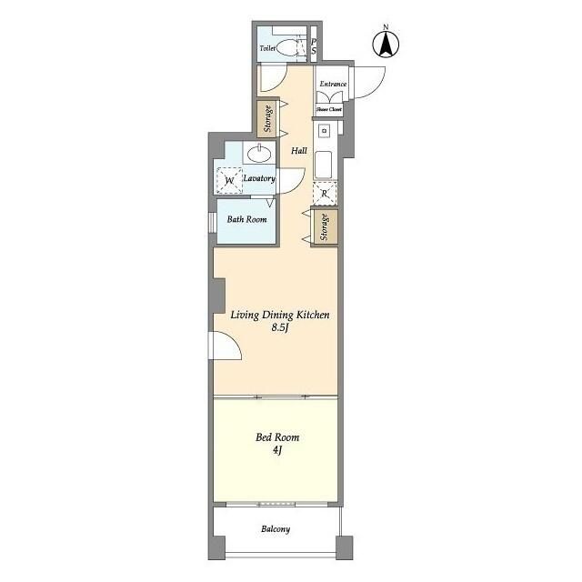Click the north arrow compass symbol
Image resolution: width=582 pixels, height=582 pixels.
(x=386, y=45)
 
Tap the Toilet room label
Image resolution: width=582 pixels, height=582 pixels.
(x=267, y=48)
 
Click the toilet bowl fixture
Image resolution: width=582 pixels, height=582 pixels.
(x=286, y=48)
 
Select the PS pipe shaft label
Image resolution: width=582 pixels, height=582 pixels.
(x=314, y=46)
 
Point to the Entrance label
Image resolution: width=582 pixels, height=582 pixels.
(x=333, y=84)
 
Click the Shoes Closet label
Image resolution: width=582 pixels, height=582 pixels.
(x=329, y=109)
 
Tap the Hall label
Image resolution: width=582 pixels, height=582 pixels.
(x=299, y=150)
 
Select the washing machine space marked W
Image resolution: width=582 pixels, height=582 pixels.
(x=229, y=180)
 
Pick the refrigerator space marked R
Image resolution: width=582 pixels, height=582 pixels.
(x=325, y=194)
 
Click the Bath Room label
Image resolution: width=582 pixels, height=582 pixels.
(x=246, y=219)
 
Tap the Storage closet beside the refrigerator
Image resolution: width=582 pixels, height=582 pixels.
(x=325, y=227)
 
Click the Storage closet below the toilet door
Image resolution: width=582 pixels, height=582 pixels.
(x=268, y=119)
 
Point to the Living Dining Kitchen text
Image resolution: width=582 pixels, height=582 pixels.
(x=280, y=315)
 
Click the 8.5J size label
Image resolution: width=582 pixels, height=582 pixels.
(x=280, y=327)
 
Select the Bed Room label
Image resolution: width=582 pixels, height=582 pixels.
(x=277, y=437)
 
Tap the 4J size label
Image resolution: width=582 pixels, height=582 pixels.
(x=277, y=450)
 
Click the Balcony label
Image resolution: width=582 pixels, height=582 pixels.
(x=276, y=529)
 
